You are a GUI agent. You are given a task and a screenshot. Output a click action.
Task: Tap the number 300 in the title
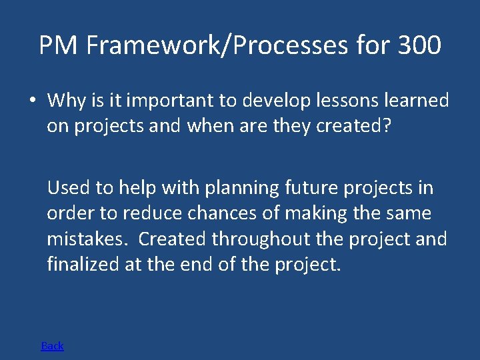click(x=419, y=45)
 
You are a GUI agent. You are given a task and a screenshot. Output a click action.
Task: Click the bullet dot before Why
click(x=32, y=101)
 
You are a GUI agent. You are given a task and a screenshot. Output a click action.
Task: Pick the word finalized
click(x=83, y=264)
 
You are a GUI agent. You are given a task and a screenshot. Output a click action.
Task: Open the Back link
click(x=52, y=345)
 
